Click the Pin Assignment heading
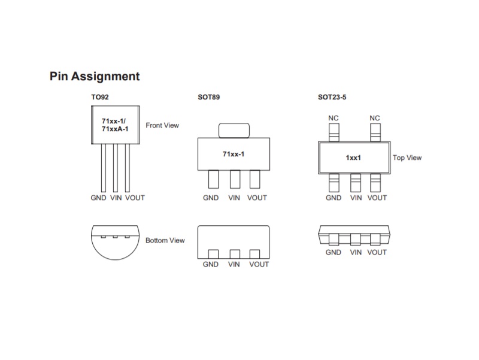[95, 77]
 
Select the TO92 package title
[100, 97]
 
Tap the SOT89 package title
[208, 97]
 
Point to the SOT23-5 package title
[332, 97]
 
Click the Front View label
[162, 125]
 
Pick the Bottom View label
[165, 241]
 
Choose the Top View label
[407, 158]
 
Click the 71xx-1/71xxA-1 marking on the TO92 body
[115, 125]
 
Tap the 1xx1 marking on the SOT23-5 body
[353, 158]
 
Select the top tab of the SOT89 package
[234, 131]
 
